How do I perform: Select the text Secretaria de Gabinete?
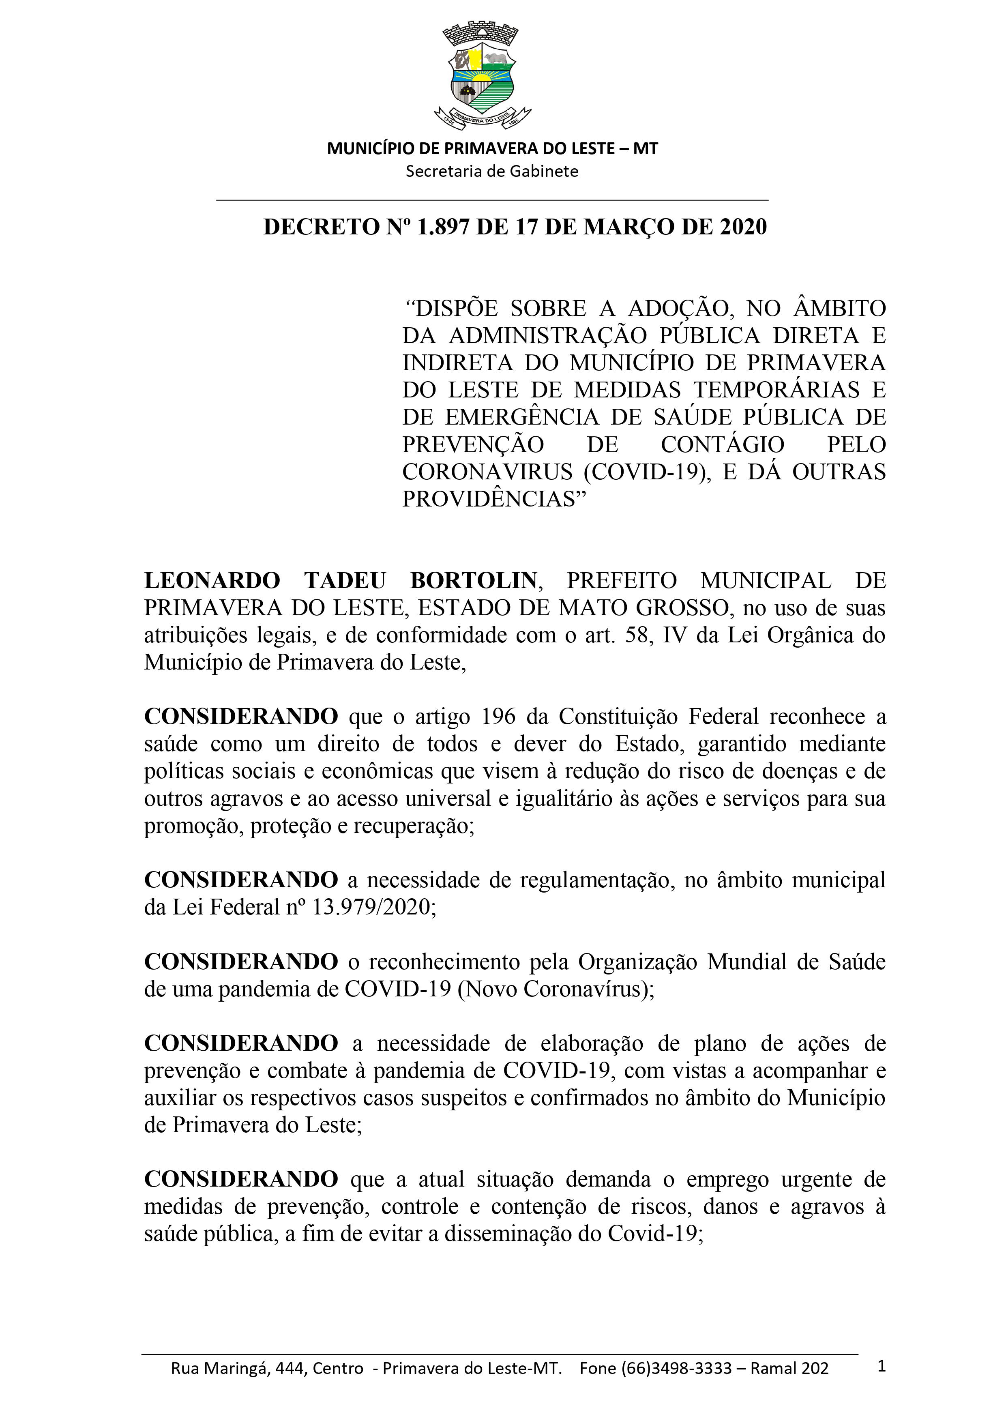coord(491,172)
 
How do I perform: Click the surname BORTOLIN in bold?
coord(474,581)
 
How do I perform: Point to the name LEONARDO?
coord(212,581)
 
